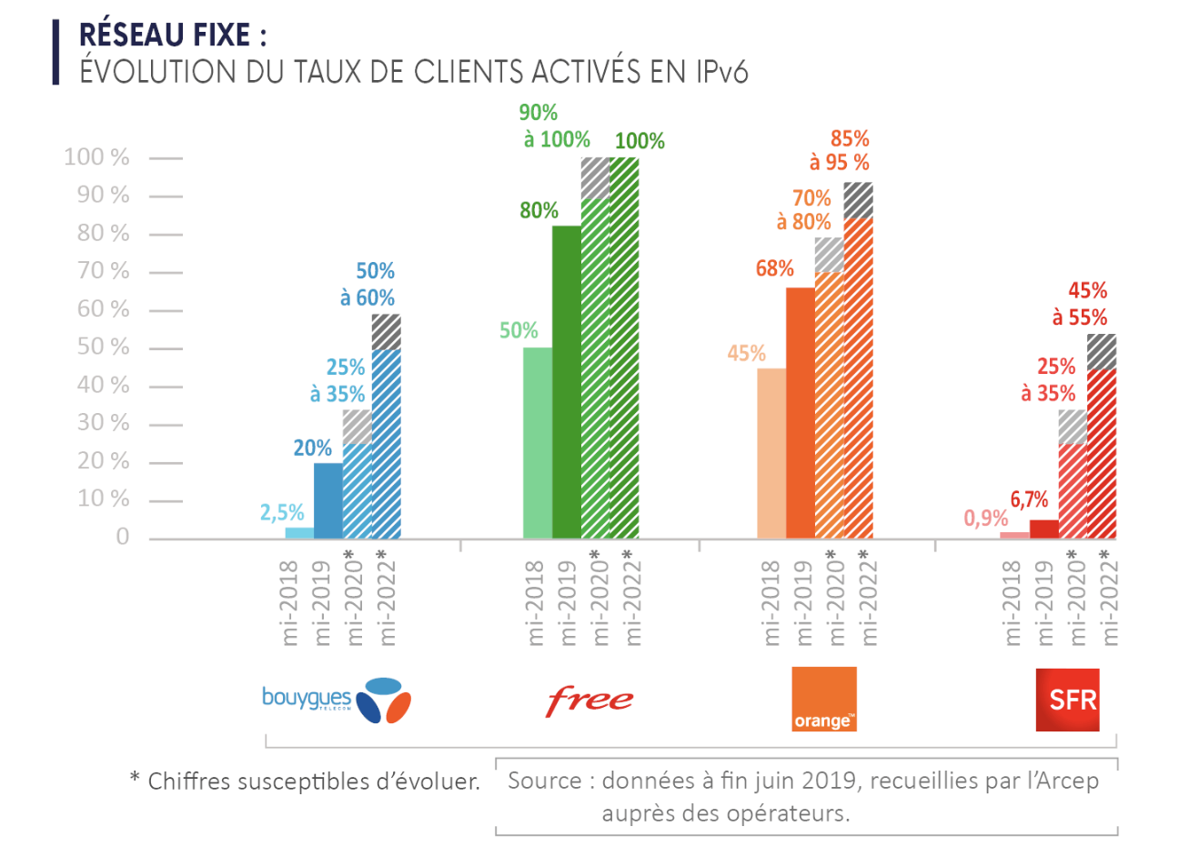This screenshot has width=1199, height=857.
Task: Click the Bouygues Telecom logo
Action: [336, 700]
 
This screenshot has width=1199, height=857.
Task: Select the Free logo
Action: [589, 701]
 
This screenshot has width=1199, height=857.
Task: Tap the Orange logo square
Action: [823, 699]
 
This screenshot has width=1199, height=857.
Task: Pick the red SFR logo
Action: [1067, 700]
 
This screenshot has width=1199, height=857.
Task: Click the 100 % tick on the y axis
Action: [97, 157]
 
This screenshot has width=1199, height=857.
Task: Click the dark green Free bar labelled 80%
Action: [567, 382]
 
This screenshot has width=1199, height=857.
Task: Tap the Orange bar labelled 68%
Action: [801, 413]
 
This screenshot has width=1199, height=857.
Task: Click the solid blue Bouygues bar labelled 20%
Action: [328, 500]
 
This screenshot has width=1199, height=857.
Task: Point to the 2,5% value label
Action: [282, 512]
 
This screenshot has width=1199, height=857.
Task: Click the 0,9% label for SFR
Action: [986, 519]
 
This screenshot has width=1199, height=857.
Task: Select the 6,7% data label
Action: [1029, 499]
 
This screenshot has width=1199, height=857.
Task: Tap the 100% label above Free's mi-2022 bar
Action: [640, 141]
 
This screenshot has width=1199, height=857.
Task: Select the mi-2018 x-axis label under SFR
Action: [1012, 602]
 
